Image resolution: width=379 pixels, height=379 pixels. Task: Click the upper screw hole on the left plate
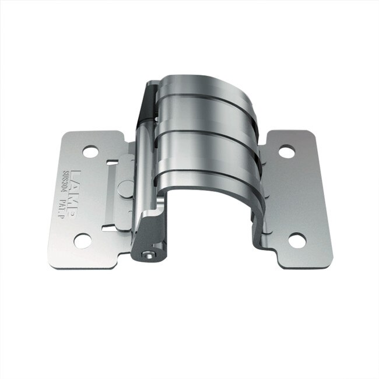click(90, 152)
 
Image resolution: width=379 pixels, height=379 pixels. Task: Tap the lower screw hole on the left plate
click(83, 239)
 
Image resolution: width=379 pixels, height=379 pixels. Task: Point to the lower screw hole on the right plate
click(297, 240)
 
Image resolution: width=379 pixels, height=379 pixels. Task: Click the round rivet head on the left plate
click(125, 188)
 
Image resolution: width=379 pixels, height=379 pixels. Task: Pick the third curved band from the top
click(204, 149)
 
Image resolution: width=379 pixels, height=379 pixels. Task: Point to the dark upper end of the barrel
click(147, 105)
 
